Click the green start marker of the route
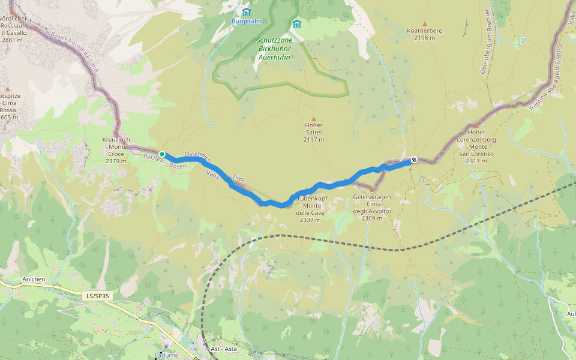pos(162,154)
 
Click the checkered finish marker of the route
pos(413,160)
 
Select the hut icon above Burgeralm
pos(246,11)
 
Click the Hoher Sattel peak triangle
pos(313,119)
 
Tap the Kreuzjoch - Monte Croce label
pos(116,150)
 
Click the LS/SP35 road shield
pos(98,296)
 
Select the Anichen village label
pos(34,279)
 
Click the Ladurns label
pos(166,355)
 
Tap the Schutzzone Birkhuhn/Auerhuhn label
pos(274,49)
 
